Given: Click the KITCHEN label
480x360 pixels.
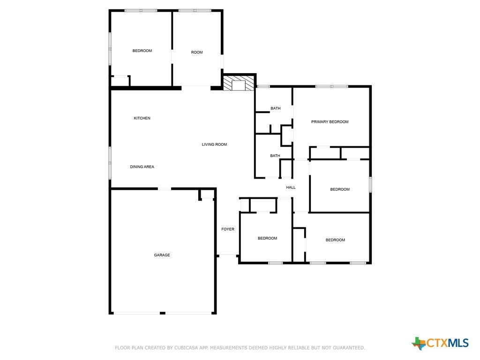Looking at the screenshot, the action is click(142, 118).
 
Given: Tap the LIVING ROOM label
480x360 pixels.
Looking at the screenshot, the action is click(214, 144).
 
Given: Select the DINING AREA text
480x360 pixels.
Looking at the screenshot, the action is click(142, 167).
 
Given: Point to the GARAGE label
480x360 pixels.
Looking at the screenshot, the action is click(162, 255).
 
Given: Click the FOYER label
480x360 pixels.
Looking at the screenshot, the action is click(228, 229).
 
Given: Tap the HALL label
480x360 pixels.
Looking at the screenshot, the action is click(291, 187).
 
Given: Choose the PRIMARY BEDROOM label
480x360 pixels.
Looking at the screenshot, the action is click(330, 122).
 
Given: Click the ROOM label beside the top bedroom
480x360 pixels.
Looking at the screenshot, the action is click(197, 52).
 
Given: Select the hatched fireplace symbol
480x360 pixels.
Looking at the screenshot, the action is click(239, 83).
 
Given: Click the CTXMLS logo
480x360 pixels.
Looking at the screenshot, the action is click(440, 343).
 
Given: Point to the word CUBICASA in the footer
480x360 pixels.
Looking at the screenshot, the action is click(185, 348).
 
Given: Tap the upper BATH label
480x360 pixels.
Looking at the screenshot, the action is click(276, 108).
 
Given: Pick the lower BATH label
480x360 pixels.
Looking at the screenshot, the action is click(275, 156).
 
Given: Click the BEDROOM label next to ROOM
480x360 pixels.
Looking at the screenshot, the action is click(142, 51).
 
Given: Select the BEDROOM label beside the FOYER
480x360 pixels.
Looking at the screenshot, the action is click(268, 239).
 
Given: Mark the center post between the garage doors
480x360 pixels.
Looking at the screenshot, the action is click(163, 313).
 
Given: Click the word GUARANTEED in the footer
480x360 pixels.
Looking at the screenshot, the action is click(349, 348).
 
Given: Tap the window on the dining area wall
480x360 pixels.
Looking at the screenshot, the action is click(110, 163).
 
